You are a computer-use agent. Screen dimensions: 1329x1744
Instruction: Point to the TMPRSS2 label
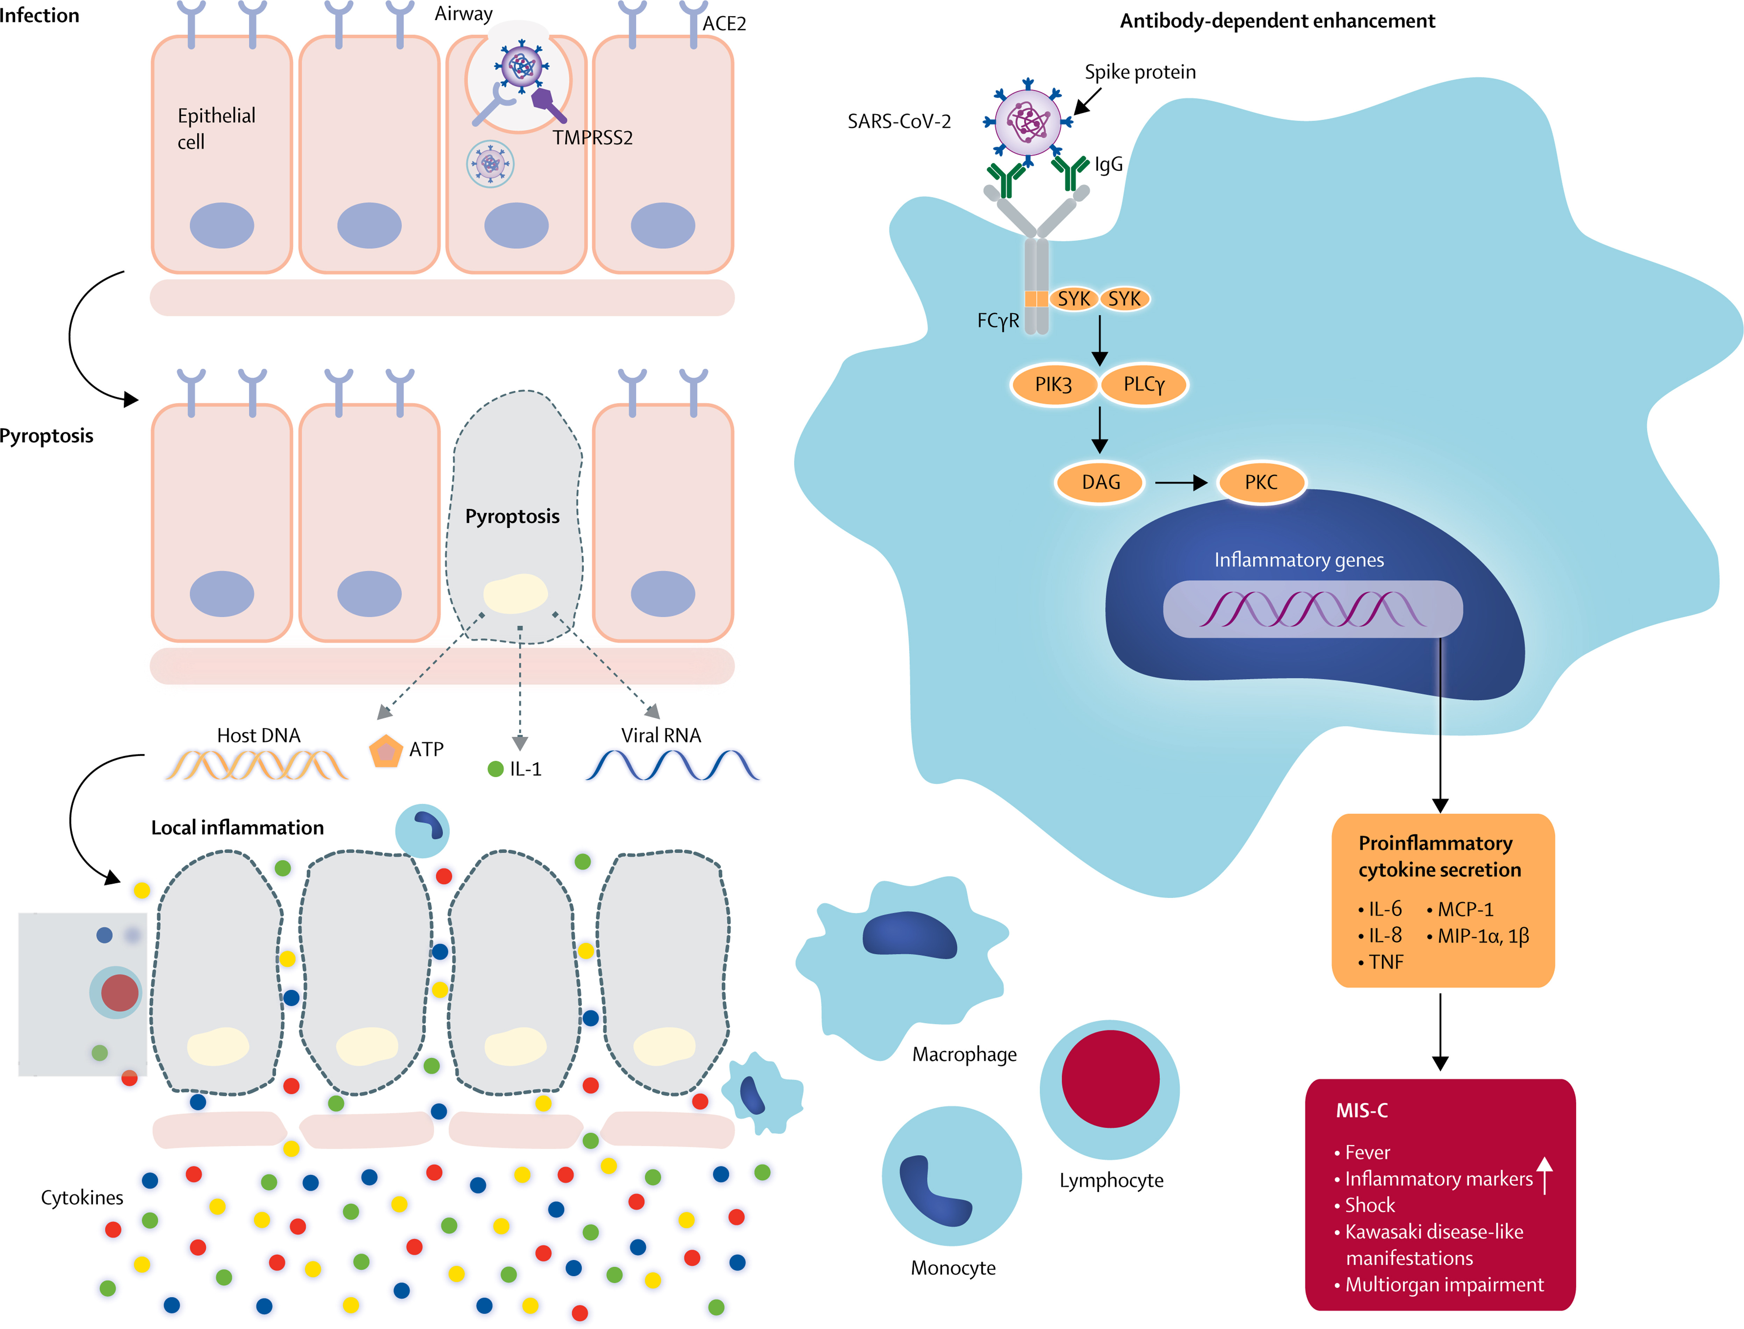tap(592, 138)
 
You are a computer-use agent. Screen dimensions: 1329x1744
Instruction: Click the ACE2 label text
tap(724, 24)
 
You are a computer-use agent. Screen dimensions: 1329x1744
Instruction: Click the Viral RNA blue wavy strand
tap(672, 765)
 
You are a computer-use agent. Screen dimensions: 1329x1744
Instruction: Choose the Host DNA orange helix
tap(257, 765)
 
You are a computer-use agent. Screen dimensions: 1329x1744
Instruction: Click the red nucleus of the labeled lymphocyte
tap(1110, 1078)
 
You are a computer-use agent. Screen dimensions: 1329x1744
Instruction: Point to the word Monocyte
tap(953, 1268)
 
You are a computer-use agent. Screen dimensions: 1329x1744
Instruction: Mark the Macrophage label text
tap(964, 1055)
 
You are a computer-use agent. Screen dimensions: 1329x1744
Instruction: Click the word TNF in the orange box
tap(1386, 962)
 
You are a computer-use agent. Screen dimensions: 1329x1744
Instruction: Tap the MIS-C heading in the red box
tap(1361, 1111)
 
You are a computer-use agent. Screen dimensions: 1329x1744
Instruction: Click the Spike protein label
tap(1140, 72)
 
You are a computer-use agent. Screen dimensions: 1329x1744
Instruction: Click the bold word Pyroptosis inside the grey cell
tap(512, 517)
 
